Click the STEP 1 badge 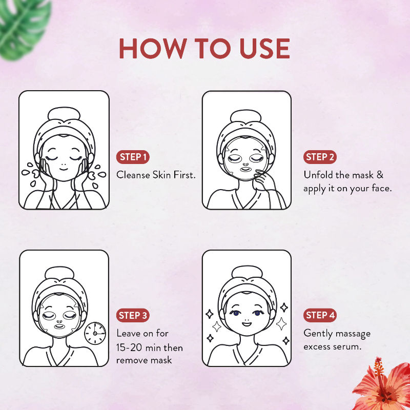134,157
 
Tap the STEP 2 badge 321,157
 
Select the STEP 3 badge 134,315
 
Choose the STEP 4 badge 321,315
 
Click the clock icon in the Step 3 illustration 95,333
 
